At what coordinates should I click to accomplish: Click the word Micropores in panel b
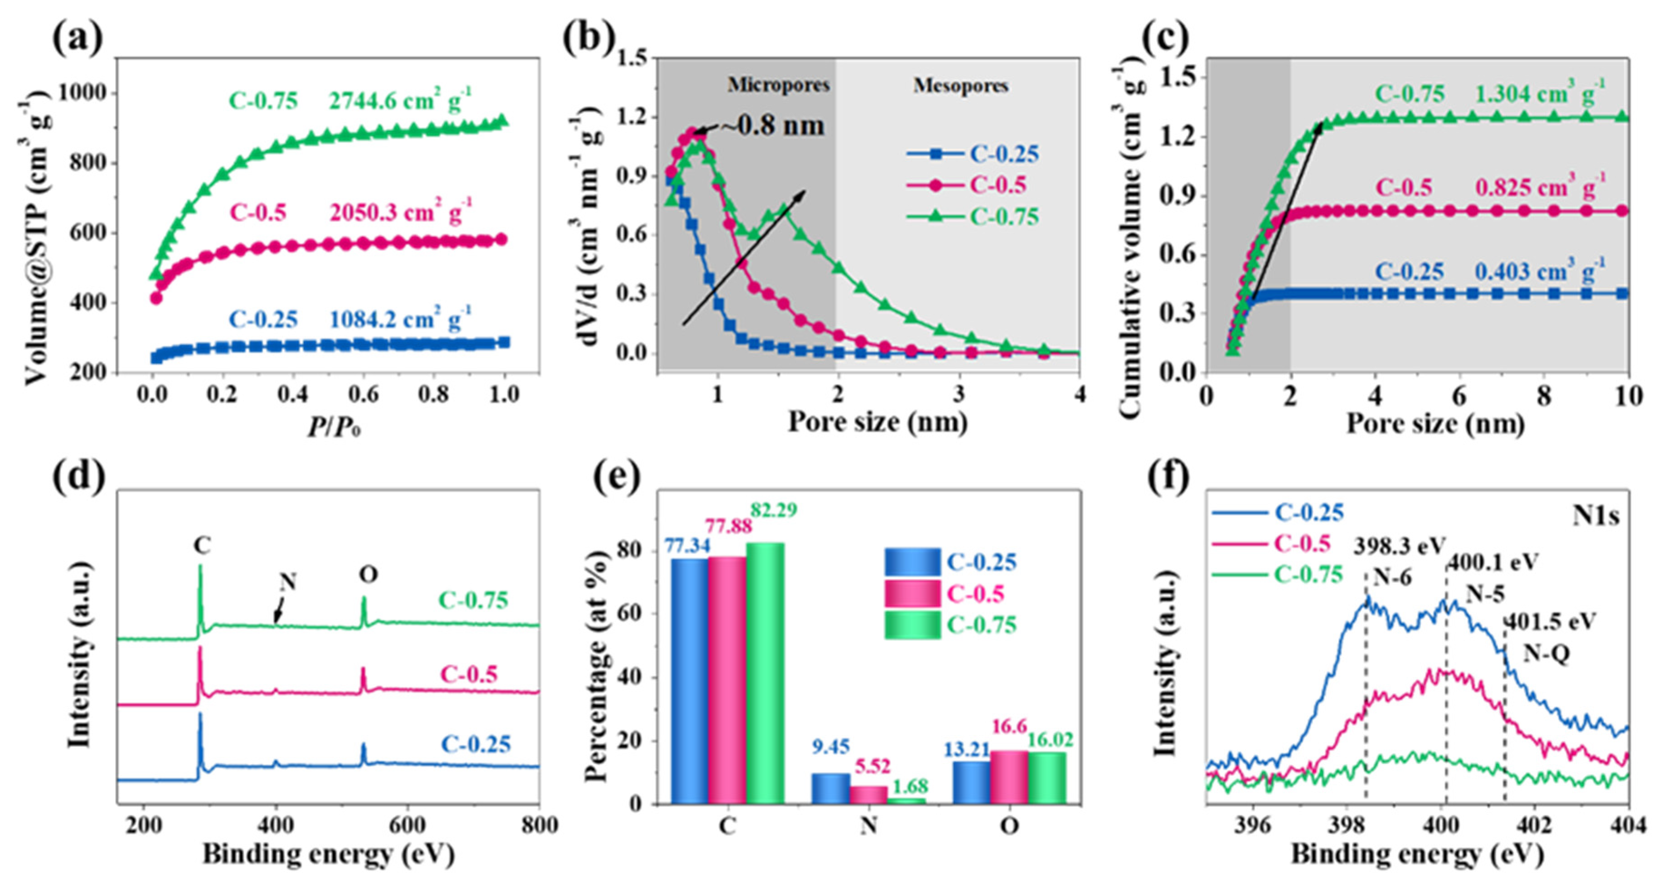coord(779,85)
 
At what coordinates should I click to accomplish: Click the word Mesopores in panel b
coord(960,85)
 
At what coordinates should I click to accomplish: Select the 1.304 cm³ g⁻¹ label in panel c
coord(1540,94)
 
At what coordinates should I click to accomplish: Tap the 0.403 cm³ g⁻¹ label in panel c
coord(1540,271)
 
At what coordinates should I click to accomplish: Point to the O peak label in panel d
coord(368,575)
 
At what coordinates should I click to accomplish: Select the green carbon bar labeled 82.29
coord(765,673)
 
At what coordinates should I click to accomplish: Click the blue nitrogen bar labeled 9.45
coord(830,788)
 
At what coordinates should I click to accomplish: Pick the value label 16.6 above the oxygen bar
coord(1009,726)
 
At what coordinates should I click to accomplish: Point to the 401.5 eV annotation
coord(1551,621)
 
